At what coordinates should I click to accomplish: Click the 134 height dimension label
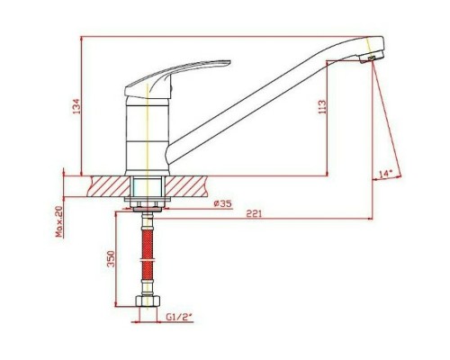(77, 106)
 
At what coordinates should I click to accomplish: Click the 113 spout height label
(322, 107)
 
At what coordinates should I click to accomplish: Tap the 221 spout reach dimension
(254, 214)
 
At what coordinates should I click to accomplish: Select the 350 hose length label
(112, 259)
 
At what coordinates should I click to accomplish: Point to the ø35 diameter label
(222, 204)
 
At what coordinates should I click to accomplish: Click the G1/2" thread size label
(179, 317)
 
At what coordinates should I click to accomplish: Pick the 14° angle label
(386, 174)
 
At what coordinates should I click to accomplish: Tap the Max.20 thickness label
(59, 221)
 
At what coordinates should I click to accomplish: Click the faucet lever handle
(177, 78)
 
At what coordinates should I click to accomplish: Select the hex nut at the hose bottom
(148, 301)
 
